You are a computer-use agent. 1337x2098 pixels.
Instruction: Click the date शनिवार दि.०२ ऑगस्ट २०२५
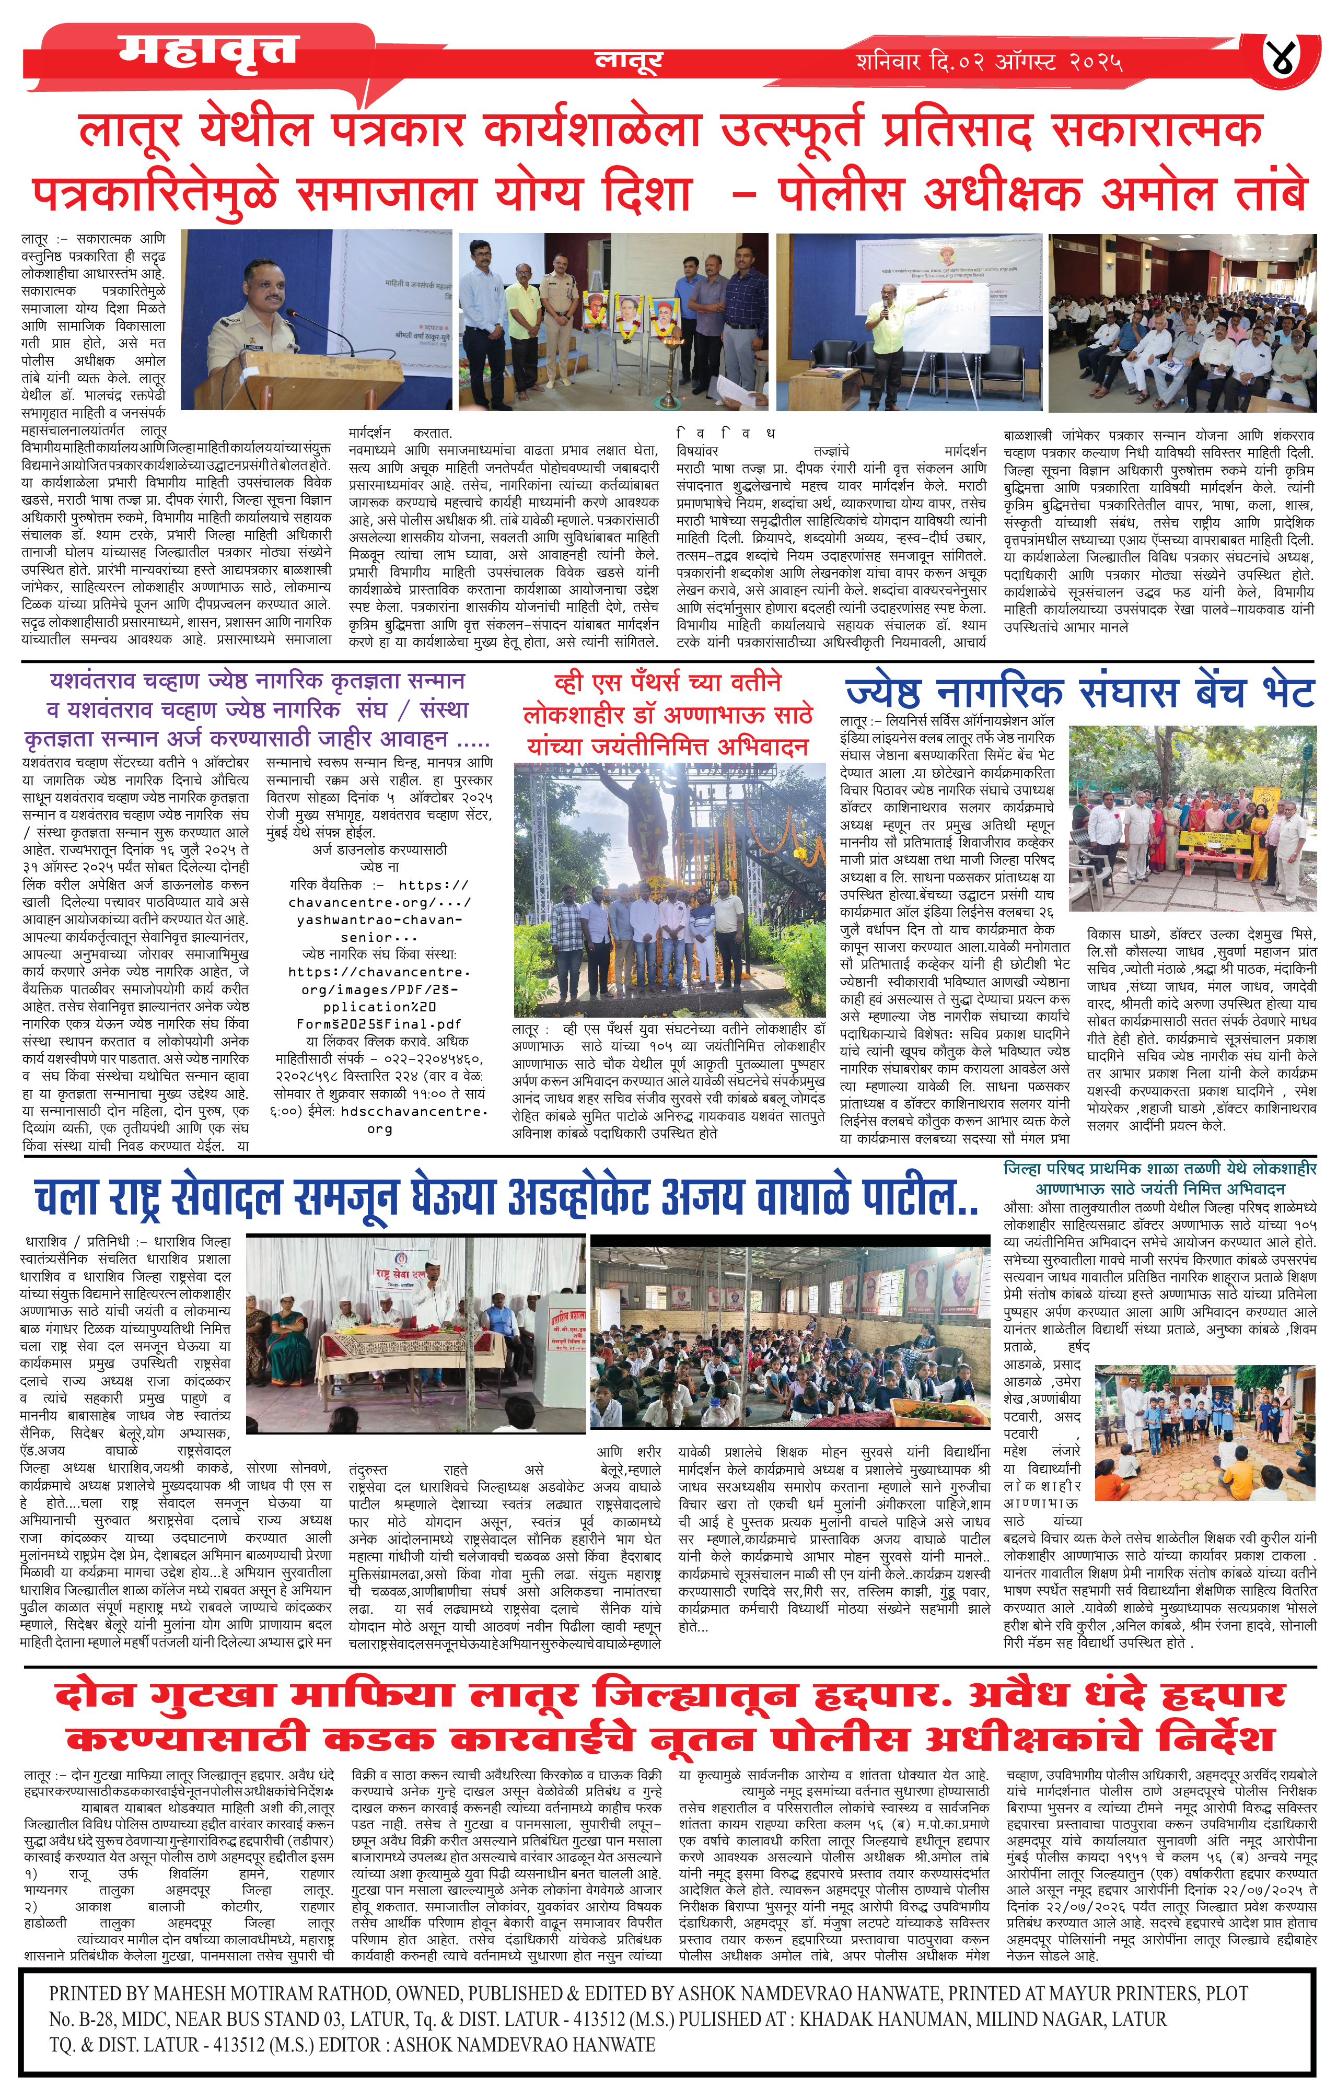tap(989, 62)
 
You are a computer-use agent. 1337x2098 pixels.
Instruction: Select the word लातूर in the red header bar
tap(627, 59)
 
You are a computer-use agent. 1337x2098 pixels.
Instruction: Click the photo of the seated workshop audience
tap(1181, 322)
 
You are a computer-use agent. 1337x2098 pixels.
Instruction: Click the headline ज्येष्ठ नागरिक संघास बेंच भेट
tap(1079, 693)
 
